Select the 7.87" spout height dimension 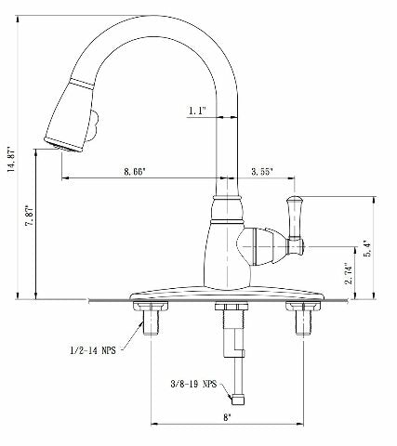pyautogui.click(x=32, y=222)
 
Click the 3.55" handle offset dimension pyautogui.click(x=265, y=172)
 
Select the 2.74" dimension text pyautogui.click(x=345, y=273)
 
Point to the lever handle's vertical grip pyautogui.click(x=297, y=219)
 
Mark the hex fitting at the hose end pyautogui.click(x=237, y=398)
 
